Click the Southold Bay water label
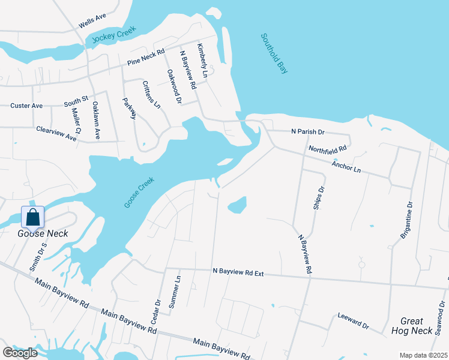coord(274,53)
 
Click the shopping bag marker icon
coord(33,217)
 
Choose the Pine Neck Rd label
coord(146,59)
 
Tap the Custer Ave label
coord(26,106)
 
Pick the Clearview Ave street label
coord(56,133)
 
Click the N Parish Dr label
coord(307,131)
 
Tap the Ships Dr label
coord(318,197)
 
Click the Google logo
coord(20,352)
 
